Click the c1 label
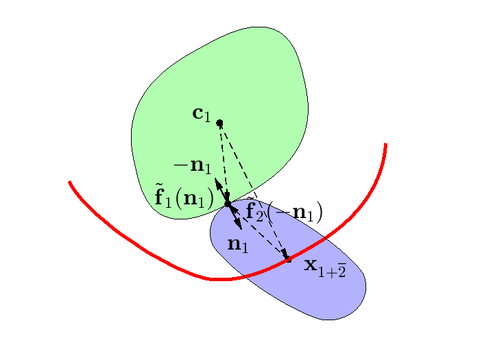click(x=202, y=114)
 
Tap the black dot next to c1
click(x=219, y=123)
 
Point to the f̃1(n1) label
click(x=183, y=198)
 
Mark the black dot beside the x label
click(x=288, y=259)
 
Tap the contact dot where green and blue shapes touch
click(x=228, y=204)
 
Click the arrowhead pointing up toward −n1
click(x=217, y=182)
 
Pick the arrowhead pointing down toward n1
click(x=239, y=226)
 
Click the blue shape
click(x=322, y=288)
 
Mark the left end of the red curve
click(x=70, y=182)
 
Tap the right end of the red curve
click(x=386, y=144)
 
